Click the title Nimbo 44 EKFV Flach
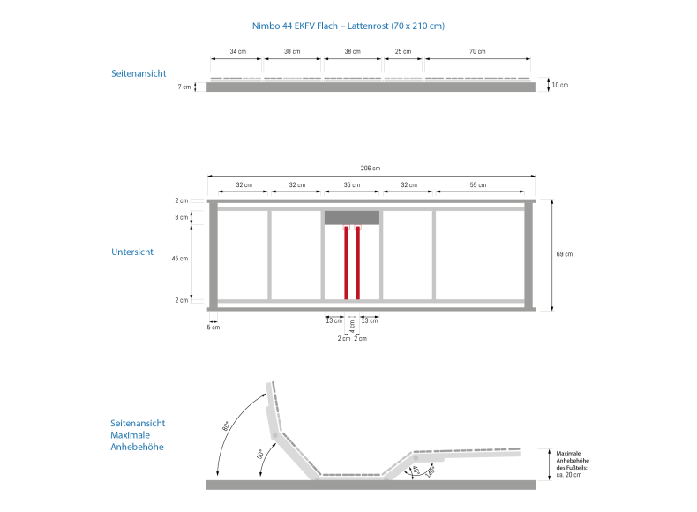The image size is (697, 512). click(x=295, y=26)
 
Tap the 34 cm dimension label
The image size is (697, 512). click(x=238, y=51)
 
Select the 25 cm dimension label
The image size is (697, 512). click(x=403, y=51)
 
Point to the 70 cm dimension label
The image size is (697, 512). click(x=477, y=51)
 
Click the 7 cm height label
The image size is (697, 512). click(x=184, y=87)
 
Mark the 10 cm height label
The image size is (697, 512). click(x=560, y=85)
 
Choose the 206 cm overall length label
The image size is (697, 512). click(x=371, y=168)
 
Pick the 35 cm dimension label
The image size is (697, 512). click(x=352, y=184)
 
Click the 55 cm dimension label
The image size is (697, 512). click(x=478, y=184)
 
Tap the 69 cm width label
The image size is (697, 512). click(x=565, y=254)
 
